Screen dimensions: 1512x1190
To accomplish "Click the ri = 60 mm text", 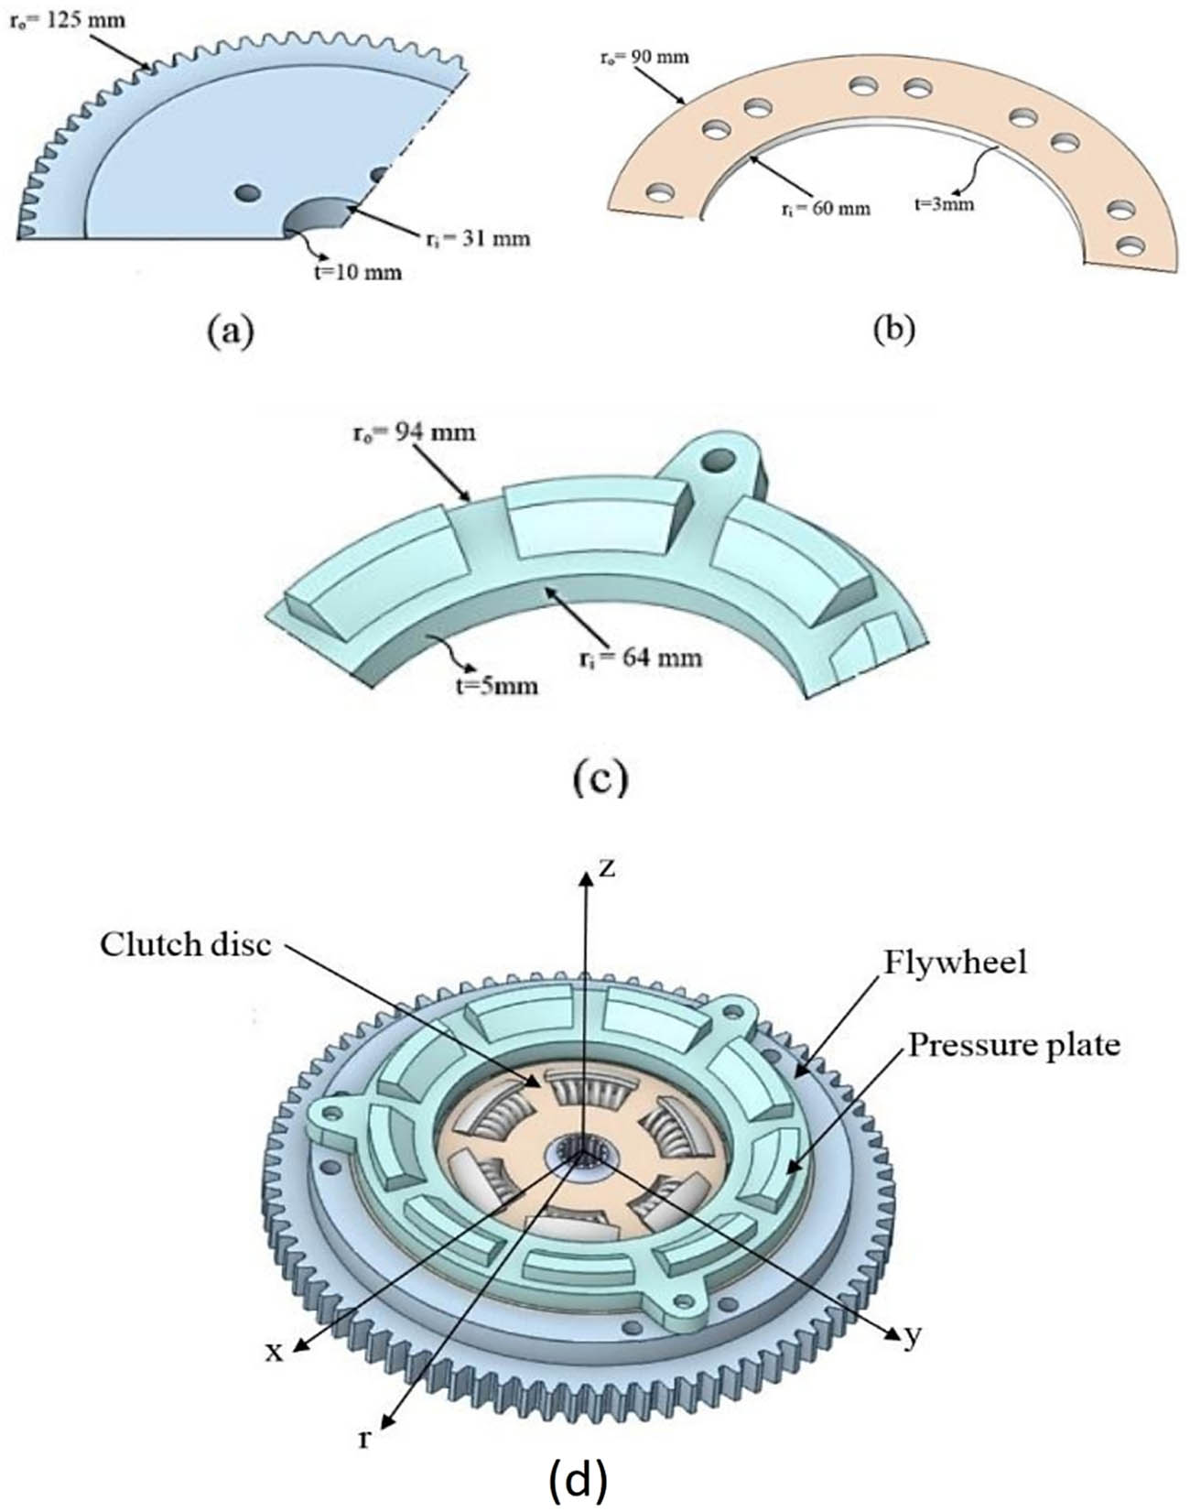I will point(821,209).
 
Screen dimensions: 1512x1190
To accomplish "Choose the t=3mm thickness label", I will point(944,204).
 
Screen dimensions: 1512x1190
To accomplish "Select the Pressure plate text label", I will point(1014,1045).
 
